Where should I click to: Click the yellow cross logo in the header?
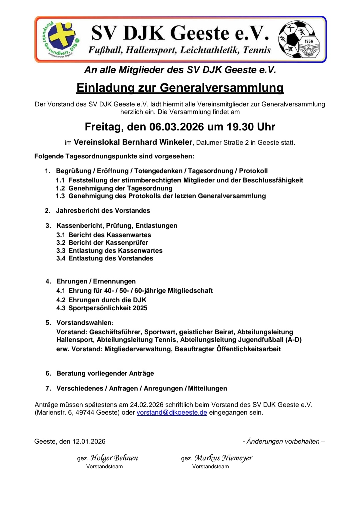tap(62, 38)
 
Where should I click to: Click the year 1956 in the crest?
tap(309, 41)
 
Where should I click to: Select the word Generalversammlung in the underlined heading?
tap(222, 87)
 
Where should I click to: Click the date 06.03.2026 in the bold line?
tap(176, 127)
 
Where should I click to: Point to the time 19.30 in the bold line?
tap(239, 127)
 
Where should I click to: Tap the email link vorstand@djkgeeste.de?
tap(172, 413)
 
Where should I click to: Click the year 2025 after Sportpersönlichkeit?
tap(140, 308)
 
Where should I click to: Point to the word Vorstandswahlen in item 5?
tap(84, 323)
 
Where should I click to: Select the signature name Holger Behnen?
tap(114, 458)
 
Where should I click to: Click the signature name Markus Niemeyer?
tap(223, 458)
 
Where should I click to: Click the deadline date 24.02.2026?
tap(147, 405)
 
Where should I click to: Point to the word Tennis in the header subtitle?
tap(257, 50)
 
